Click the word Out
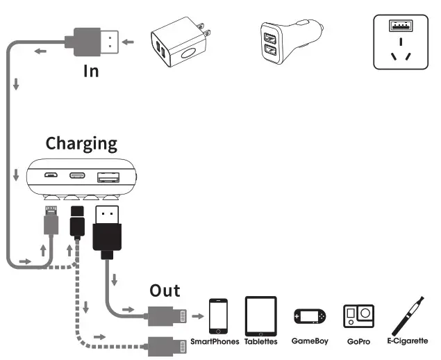tap(165, 291)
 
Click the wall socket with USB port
tap(402, 41)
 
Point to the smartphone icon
tap(218, 316)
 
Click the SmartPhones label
tap(215, 342)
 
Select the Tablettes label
tap(261, 342)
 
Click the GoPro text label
tap(358, 342)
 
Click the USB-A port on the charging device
tap(107, 177)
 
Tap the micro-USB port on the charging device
tap(51, 177)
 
